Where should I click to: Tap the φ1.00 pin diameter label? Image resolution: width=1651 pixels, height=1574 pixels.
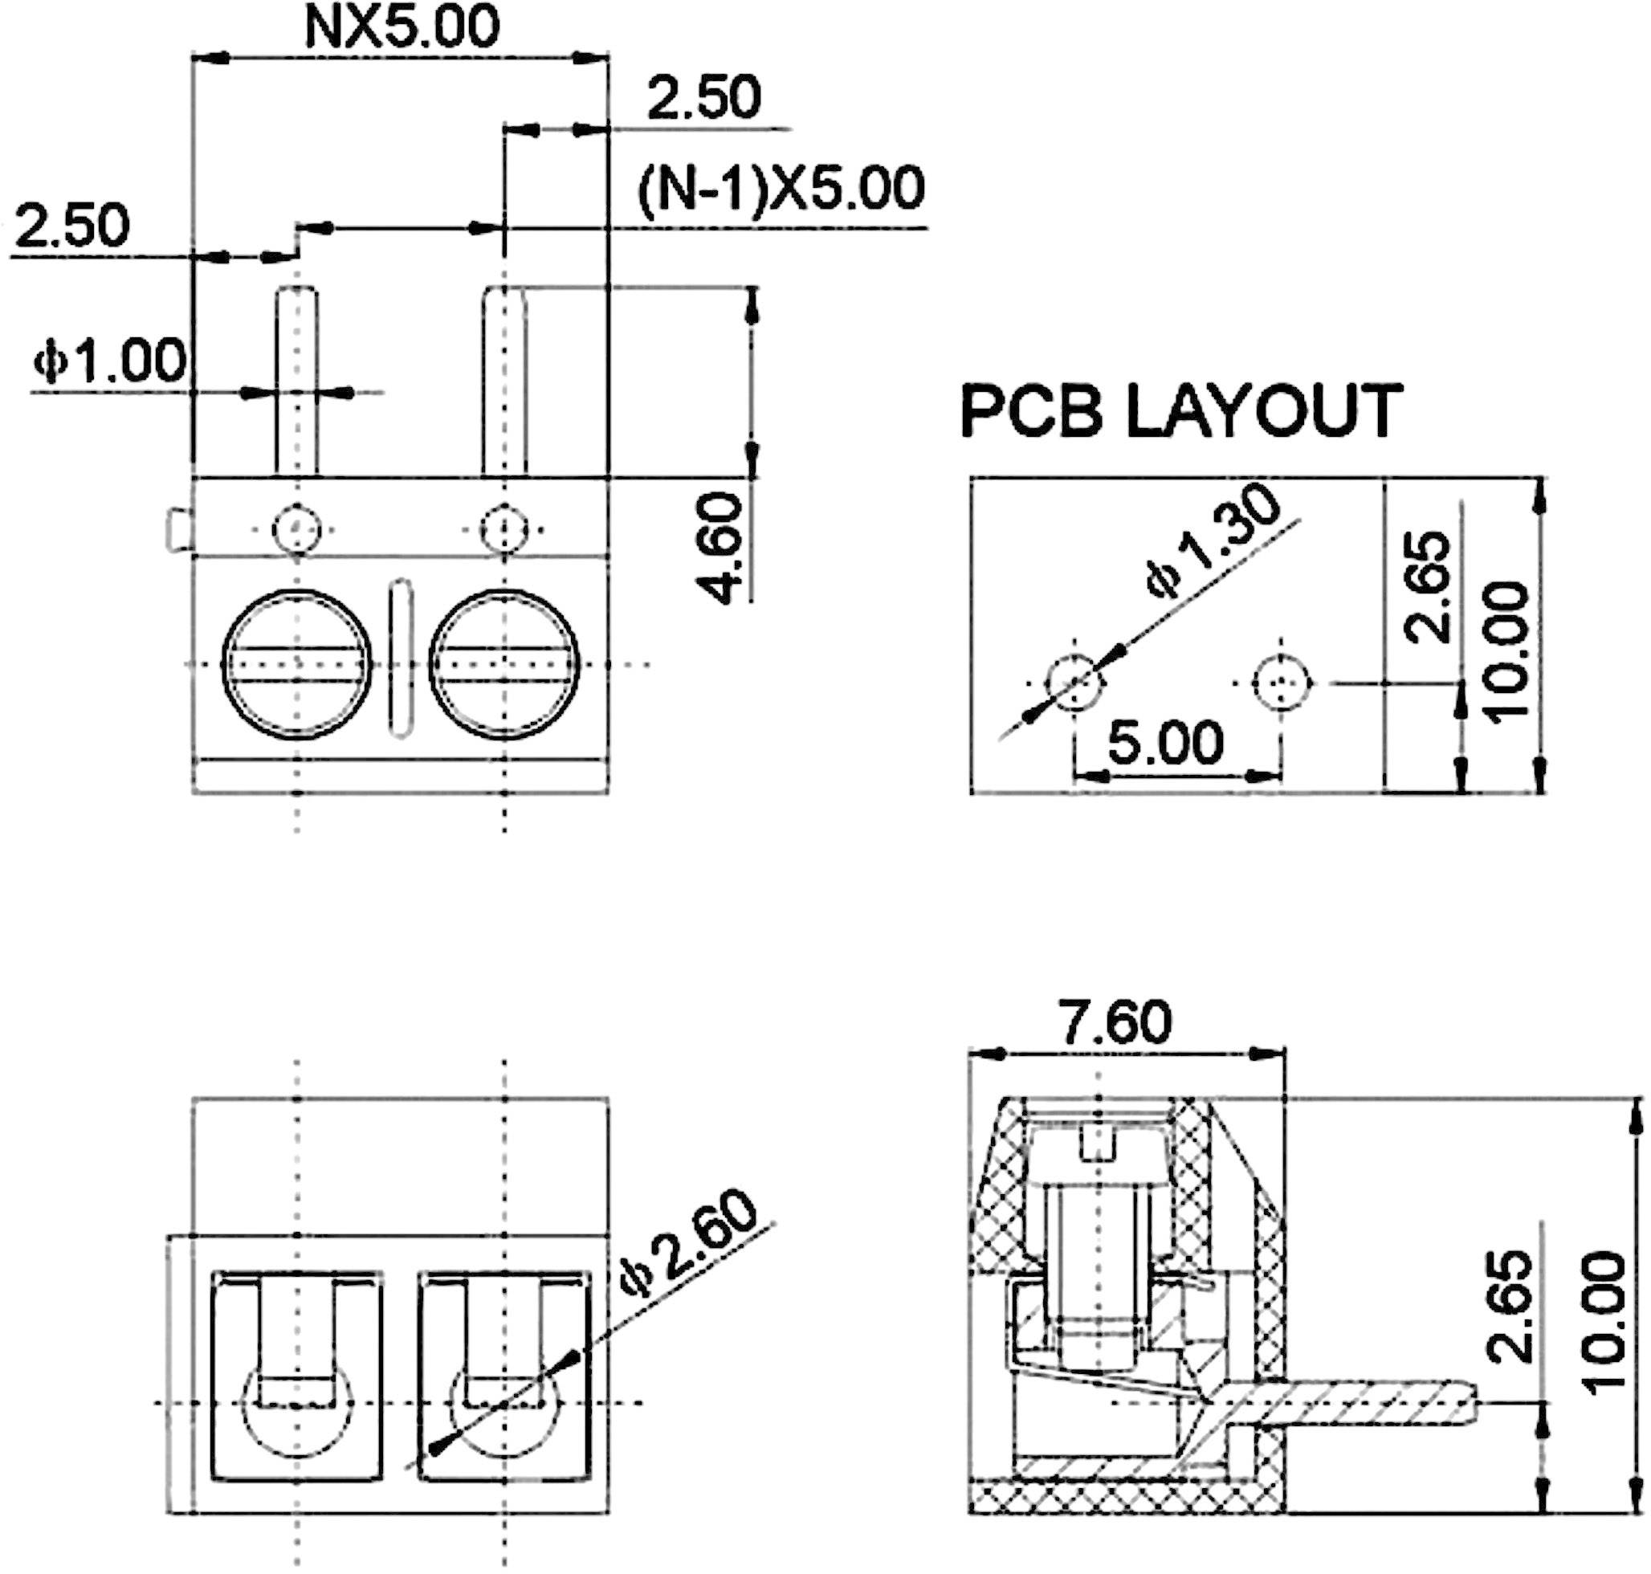pos(109,361)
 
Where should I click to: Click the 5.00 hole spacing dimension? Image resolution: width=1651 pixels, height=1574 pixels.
pos(1166,743)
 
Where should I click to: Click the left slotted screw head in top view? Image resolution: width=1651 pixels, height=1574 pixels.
pos(296,664)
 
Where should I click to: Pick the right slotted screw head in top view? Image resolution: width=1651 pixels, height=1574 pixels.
pos(503,664)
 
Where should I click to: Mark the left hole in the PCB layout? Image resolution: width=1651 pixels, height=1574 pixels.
pos(1074,683)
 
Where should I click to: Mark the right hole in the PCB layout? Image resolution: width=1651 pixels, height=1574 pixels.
pos(1281,683)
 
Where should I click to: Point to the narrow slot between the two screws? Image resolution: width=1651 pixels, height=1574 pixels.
pos(402,659)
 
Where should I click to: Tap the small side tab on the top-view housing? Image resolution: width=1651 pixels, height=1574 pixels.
pos(177,529)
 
